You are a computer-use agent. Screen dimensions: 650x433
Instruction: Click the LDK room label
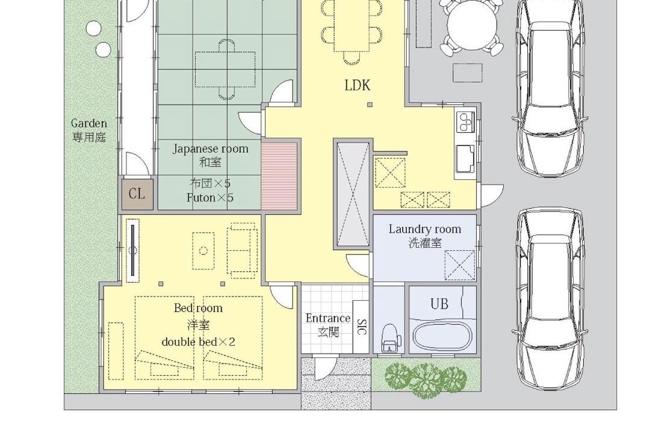click(x=357, y=85)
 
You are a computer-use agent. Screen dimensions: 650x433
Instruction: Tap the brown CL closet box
click(x=137, y=194)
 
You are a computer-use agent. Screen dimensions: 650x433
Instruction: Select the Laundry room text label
click(x=424, y=229)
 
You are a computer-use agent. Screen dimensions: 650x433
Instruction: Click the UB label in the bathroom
click(x=439, y=304)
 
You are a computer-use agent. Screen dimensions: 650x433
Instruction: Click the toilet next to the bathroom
click(x=389, y=339)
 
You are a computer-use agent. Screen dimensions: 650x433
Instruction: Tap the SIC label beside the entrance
click(x=361, y=327)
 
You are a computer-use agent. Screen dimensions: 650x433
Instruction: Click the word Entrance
click(x=328, y=318)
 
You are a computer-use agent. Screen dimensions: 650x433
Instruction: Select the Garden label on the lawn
click(x=88, y=123)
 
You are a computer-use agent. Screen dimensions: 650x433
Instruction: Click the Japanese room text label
click(x=210, y=149)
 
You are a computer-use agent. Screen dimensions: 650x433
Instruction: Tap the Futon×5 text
click(x=210, y=198)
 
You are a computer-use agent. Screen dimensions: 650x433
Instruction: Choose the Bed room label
click(x=198, y=308)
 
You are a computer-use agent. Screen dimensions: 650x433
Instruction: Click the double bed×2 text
click(x=198, y=342)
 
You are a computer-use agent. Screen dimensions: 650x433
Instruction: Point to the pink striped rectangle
click(x=279, y=176)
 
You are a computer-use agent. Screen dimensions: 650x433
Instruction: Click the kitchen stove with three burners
click(x=465, y=122)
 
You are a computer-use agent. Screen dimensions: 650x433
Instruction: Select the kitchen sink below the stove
click(x=465, y=158)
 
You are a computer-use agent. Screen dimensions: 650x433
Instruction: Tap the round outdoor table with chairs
click(x=472, y=26)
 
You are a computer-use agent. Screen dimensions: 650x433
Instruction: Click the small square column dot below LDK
click(x=370, y=105)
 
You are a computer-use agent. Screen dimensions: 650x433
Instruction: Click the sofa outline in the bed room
click(x=242, y=250)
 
